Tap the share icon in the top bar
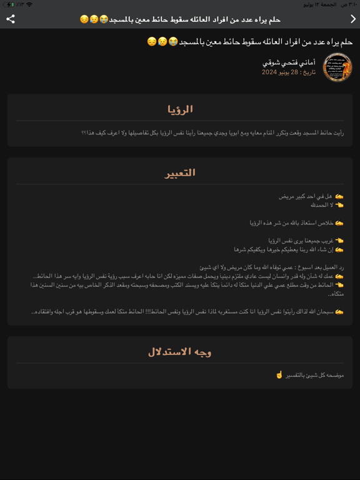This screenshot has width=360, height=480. [x=11, y=19]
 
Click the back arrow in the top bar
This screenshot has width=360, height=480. [x=352, y=19]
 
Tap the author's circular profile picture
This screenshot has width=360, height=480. [x=337, y=67]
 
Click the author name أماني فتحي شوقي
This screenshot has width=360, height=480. [x=289, y=63]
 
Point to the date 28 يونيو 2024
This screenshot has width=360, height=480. [x=279, y=72]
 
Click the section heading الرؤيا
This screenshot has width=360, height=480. [x=180, y=109]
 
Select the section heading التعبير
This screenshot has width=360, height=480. [x=180, y=172]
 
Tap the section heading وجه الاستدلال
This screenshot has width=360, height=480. [x=180, y=352]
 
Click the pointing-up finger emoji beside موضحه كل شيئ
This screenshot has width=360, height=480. [x=279, y=375]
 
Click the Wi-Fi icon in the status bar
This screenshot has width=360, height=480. [x=29, y=4]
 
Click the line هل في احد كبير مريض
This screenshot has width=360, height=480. [x=306, y=196]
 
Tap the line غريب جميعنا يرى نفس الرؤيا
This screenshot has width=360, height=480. [x=299, y=240]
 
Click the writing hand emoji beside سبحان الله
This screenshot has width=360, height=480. [x=339, y=311]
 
